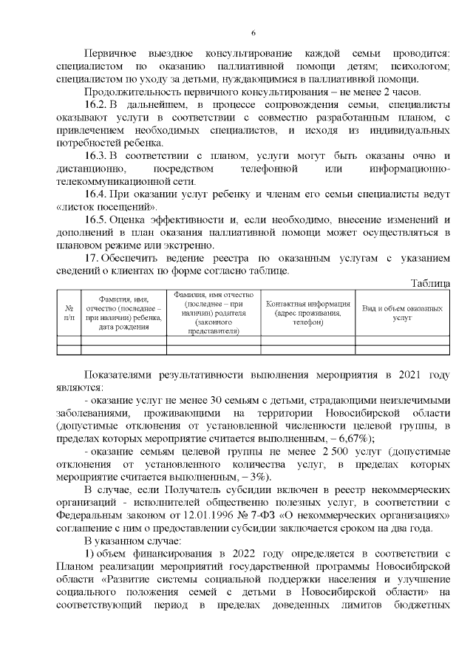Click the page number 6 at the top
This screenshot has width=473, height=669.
(253, 33)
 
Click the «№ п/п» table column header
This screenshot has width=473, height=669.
(68, 313)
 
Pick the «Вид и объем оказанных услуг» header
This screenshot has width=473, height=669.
(402, 313)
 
